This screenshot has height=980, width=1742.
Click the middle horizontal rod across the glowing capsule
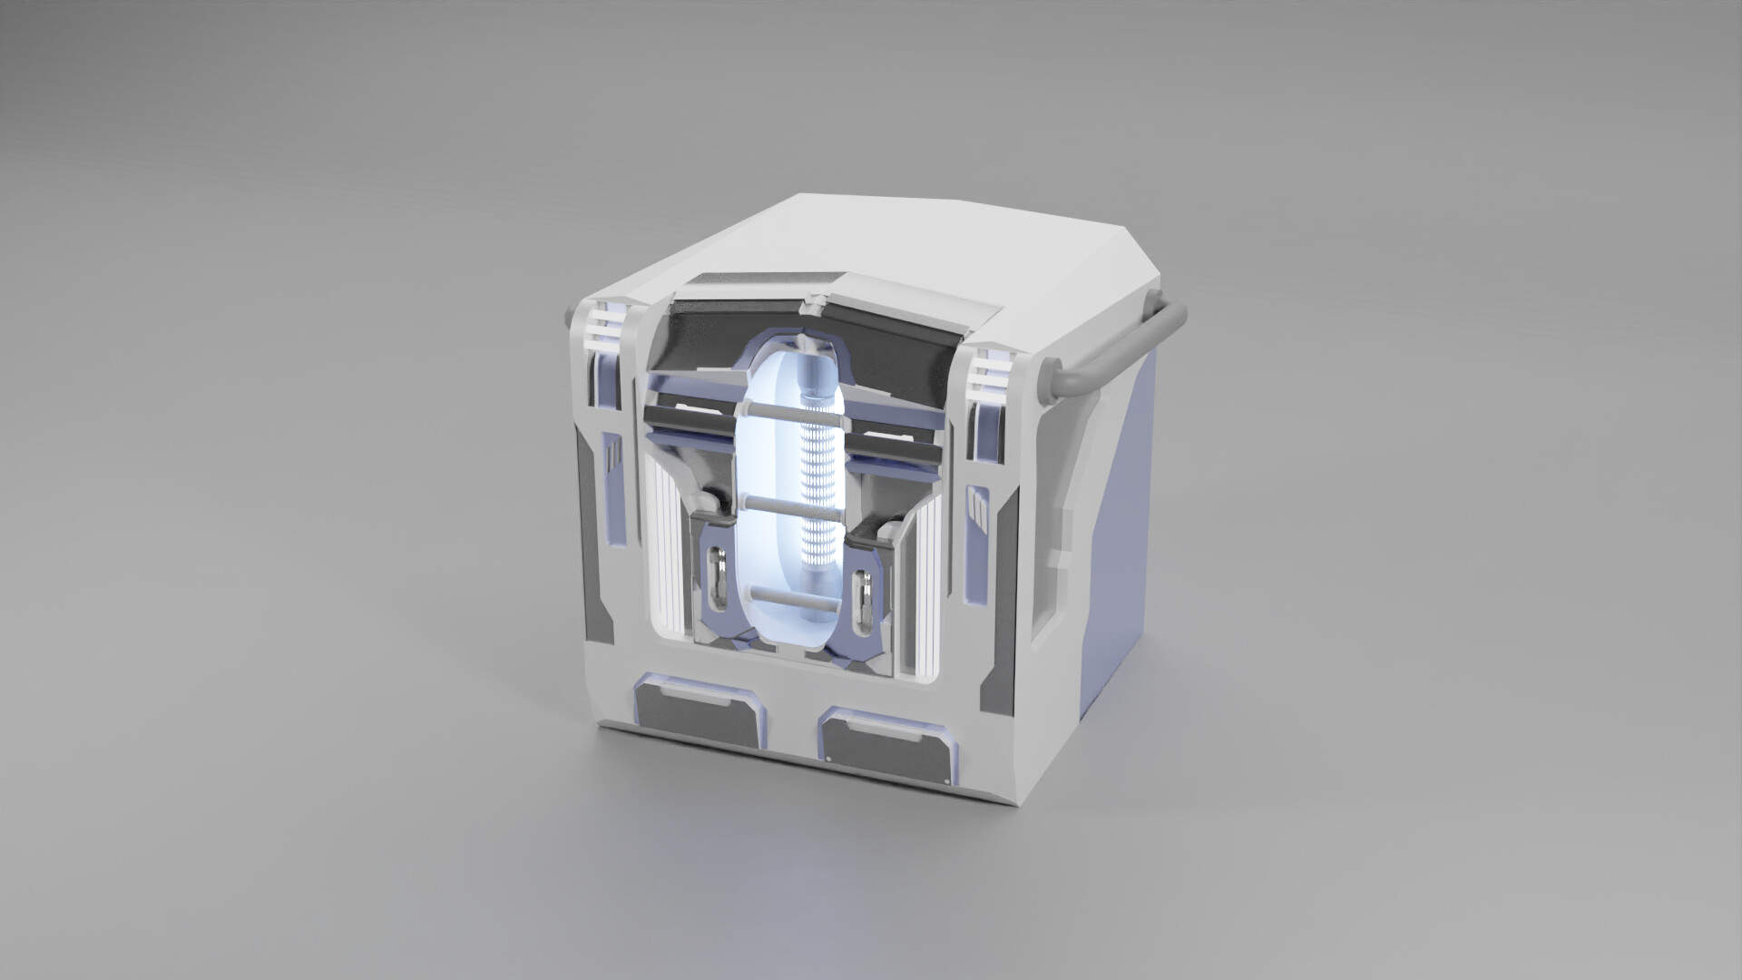(791, 501)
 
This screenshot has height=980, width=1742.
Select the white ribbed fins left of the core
(666, 554)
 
